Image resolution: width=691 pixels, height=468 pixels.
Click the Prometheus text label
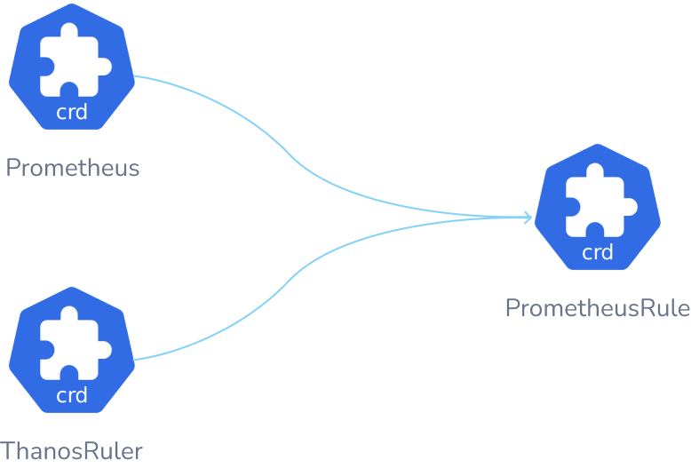click(x=73, y=168)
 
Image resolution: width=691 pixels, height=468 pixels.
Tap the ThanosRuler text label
click(x=71, y=450)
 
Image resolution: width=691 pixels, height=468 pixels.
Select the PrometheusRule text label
click(x=597, y=308)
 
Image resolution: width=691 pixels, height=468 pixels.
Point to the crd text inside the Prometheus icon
click(x=72, y=113)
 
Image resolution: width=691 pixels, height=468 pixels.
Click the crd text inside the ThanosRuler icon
click(x=72, y=395)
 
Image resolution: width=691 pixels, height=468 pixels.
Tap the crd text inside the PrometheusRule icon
click(x=597, y=252)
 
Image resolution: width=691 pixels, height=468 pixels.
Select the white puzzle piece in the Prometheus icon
click(x=74, y=64)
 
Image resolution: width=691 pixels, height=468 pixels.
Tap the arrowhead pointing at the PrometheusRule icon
click(x=528, y=218)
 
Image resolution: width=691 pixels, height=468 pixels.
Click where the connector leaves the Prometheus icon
click(x=139, y=77)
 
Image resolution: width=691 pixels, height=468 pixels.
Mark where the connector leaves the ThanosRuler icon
click(x=138, y=360)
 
